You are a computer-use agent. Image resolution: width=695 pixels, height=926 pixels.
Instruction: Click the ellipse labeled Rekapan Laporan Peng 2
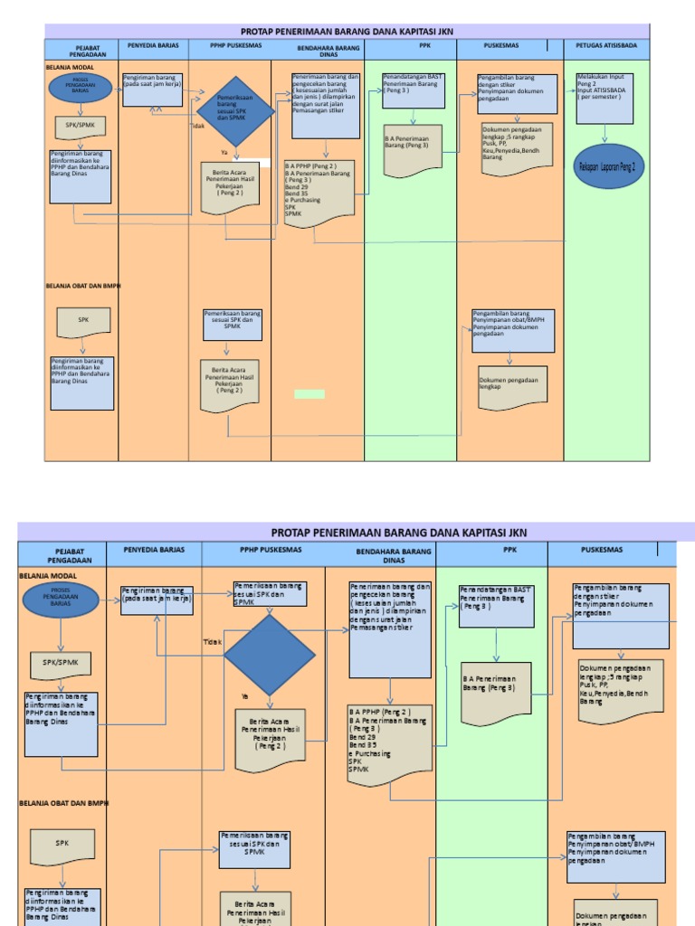pos(607,167)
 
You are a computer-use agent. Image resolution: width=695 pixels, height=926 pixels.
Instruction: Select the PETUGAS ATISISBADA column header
pos(605,45)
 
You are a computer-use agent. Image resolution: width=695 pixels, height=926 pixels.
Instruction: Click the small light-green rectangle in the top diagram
pos(309,394)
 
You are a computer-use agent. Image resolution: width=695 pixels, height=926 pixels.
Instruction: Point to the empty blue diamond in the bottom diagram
pos(269,656)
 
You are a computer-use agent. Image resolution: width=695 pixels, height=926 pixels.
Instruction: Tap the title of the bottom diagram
pos(399,533)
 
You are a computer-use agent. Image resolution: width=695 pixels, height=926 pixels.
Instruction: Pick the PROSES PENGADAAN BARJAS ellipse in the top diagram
pos(81,87)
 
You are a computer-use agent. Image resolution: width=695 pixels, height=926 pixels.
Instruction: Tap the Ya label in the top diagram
pos(224,152)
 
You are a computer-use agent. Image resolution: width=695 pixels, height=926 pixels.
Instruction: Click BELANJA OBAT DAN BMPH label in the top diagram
pos(83,286)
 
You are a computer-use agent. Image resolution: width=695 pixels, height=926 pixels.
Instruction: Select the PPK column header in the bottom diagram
pos(509,549)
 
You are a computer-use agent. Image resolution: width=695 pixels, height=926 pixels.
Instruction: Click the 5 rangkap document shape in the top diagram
pos(518,147)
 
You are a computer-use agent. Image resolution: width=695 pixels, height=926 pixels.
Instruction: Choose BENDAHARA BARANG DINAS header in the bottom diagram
pos(393,554)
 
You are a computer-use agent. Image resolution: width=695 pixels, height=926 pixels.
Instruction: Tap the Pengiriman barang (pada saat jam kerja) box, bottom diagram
pos(157,599)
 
